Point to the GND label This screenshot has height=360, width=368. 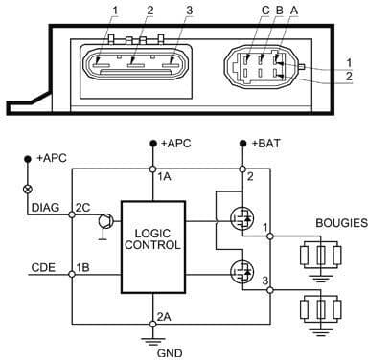pos(154,351)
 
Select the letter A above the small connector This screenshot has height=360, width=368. pos(278,11)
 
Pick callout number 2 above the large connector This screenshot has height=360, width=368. pos(149,11)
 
